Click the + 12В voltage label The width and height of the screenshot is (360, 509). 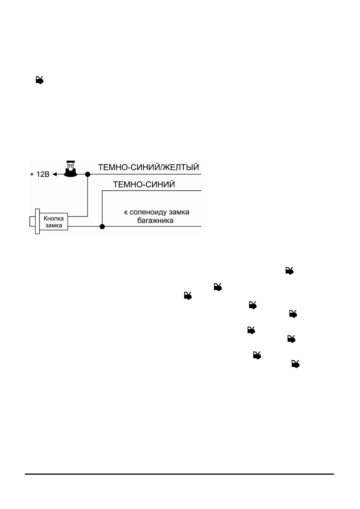click(40, 174)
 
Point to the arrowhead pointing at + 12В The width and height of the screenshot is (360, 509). click(55, 174)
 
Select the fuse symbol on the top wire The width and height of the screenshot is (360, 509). click(71, 169)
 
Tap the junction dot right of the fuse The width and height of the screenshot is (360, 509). click(88, 174)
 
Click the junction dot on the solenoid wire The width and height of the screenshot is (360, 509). click(102, 227)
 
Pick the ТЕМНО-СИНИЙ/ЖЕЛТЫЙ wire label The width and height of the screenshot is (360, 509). click(149, 167)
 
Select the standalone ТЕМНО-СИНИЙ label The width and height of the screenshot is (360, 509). click(144, 184)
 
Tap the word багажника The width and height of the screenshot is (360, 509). click(155, 221)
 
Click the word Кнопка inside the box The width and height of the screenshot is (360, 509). click(54, 218)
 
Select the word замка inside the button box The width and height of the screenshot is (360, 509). click(54, 225)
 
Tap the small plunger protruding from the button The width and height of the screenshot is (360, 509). click(32, 222)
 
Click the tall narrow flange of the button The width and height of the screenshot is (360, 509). click(37, 221)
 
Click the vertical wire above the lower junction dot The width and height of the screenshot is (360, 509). click(102, 207)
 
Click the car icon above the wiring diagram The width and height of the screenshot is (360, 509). click(40, 80)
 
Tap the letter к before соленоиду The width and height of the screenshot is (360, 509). click(126, 213)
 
